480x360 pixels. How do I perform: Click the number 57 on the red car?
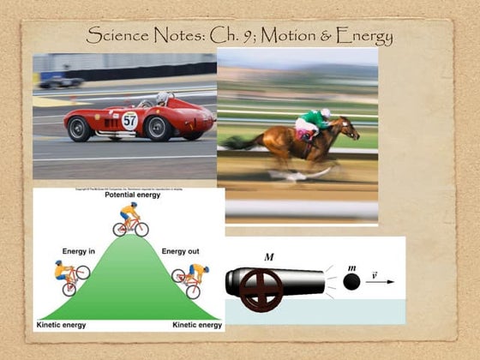click(129, 120)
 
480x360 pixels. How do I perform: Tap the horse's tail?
click(236, 141)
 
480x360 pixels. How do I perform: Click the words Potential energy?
click(129, 196)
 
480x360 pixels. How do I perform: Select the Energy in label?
click(78, 251)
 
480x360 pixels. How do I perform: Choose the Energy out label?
click(180, 251)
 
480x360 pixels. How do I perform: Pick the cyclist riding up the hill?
click(70, 277)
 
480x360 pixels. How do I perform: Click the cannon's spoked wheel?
click(261, 290)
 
